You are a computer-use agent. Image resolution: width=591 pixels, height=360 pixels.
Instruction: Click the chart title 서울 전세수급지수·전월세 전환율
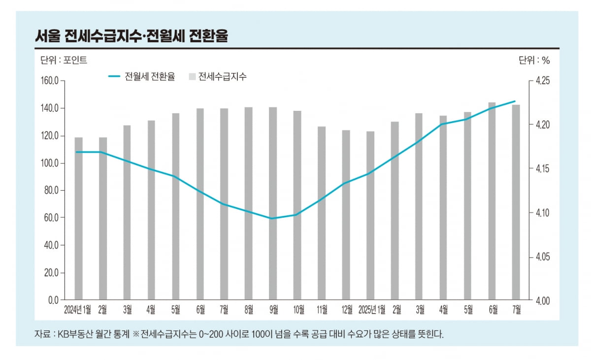click(131, 36)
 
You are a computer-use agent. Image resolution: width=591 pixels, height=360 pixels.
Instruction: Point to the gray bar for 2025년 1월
click(370, 215)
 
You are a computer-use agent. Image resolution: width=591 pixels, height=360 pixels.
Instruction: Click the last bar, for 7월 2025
click(516, 202)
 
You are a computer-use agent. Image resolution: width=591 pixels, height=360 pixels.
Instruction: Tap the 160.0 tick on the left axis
click(49, 81)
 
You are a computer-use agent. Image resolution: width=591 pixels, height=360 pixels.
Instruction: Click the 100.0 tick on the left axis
click(49, 163)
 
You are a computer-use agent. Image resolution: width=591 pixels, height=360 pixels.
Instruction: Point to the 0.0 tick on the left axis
click(53, 299)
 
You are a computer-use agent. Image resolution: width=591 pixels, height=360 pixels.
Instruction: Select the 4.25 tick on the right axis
click(542, 81)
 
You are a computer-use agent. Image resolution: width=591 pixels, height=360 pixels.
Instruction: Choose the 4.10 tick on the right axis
click(542, 213)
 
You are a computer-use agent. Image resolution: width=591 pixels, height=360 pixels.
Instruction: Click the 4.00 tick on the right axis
click(542, 300)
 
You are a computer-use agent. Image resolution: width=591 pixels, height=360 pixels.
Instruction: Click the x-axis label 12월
click(346, 310)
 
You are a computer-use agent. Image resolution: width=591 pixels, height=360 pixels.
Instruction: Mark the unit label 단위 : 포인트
click(64, 61)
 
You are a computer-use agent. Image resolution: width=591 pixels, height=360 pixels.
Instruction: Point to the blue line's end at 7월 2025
click(515, 101)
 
